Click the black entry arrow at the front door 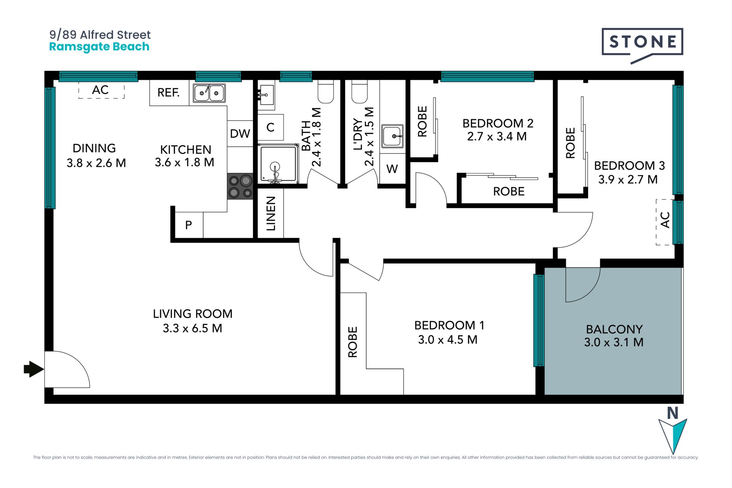(34, 369)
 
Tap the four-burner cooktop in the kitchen (240, 186)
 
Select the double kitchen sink (209, 93)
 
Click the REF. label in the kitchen (169, 92)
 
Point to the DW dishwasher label (240, 133)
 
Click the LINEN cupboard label (271, 213)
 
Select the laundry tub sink (392, 136)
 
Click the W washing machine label (392, 169)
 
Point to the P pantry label (188, 225)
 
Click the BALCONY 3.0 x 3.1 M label (614, 335)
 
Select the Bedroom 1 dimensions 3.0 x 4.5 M (448, 340)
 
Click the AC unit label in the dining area (100, 90)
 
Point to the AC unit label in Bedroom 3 (665, 220)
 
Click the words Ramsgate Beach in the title (99, 47)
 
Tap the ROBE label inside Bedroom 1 (353, 342)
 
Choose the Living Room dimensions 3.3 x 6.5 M (193, 328)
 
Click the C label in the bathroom (270, 127)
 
